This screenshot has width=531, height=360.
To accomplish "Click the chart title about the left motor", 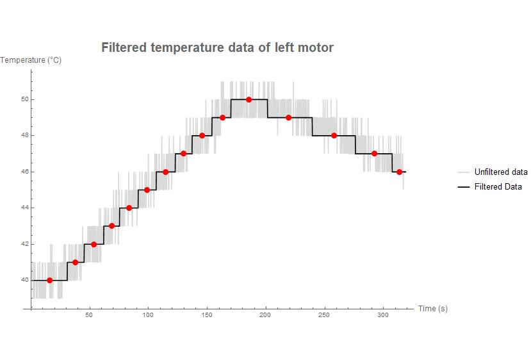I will tap(217, 47).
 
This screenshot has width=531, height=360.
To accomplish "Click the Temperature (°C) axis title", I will tap(31, 60).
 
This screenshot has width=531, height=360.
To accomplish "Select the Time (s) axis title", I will tap(433, 309).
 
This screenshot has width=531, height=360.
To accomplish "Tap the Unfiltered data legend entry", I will tap(500, 172).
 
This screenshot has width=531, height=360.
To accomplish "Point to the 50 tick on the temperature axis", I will tap(24, 100).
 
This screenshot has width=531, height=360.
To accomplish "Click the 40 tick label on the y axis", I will tap(24, 280).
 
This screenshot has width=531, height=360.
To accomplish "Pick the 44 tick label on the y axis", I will tap(24, 208).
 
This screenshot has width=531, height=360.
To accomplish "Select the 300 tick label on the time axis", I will tap(383, 315).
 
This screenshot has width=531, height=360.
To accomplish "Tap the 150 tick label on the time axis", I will tap(206, 315).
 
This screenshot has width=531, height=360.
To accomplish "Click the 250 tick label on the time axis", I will tap(324, 315).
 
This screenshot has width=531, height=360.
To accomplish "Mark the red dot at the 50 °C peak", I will tap(249, 99).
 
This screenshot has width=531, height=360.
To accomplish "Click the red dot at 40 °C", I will tap(50, 280).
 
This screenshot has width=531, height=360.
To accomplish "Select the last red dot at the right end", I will tap(399, 172).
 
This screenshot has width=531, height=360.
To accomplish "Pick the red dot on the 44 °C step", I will tap(129, 208).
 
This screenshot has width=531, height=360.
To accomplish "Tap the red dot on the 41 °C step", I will tap(76, 262).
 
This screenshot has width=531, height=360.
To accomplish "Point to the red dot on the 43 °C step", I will tap(112, 225).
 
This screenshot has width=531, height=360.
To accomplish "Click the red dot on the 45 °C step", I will tap(147, 190).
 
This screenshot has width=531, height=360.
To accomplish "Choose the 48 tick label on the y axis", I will tap(24, 136).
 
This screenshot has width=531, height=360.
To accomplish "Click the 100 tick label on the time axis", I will tap(147, 315).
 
